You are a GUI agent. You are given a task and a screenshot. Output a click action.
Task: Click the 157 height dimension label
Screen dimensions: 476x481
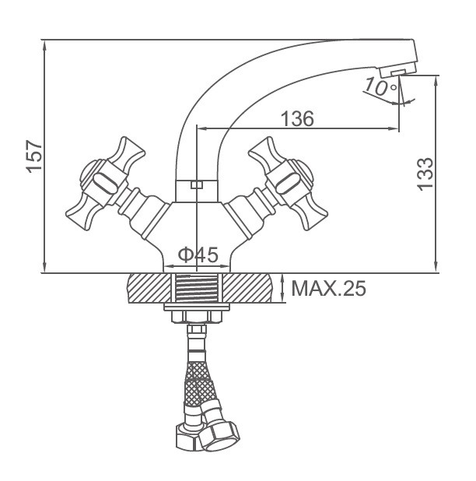point(33,156)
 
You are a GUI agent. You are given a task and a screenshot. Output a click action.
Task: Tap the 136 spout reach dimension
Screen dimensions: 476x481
point(297,118)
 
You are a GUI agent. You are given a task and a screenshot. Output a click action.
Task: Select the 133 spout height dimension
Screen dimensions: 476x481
point(425,174)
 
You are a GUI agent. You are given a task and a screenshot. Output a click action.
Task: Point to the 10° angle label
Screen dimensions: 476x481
point(380,87)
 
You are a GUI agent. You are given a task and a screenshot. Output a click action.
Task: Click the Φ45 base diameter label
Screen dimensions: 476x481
point(198,255)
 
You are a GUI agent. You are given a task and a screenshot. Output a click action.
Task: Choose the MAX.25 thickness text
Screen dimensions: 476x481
point(328,288)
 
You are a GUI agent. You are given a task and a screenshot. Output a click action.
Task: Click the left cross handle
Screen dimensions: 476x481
point(106,184)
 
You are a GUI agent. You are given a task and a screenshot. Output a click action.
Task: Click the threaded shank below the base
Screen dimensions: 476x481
point(197,288)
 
